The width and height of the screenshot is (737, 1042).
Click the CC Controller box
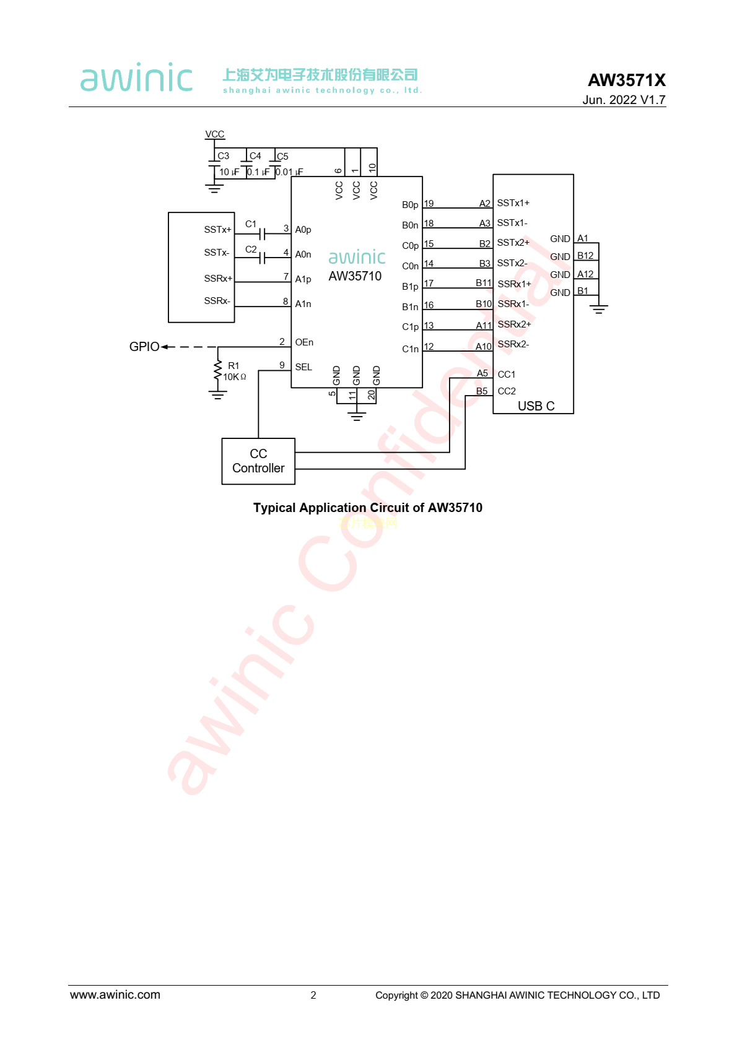pos(258,461)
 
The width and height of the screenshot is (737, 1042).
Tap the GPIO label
pos(144,347)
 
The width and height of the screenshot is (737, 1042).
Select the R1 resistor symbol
pos(217,371)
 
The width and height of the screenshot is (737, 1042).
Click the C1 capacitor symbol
pos(263,233)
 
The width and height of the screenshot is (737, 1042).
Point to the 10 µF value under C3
pos(229,172)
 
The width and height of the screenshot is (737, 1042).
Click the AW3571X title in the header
pos(626,80)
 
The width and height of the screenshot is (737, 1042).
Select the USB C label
pos(536,406)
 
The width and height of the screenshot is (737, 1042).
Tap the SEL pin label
pos(303,367)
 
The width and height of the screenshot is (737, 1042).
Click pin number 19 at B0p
pos(429,204)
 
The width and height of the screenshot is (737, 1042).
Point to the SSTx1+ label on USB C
pos(513,203)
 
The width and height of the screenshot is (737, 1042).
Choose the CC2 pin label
pos(507,391)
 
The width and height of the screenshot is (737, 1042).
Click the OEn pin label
pos(304,342)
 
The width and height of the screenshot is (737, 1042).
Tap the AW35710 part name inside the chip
pos(355,276)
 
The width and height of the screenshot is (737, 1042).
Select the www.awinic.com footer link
pos(115,995)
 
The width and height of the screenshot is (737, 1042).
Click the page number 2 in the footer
pos(313,996)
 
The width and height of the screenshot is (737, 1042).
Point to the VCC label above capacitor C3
pos(215,134)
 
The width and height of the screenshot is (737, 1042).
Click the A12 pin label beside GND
pos(585,274)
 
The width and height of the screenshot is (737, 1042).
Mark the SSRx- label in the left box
pos(217,301)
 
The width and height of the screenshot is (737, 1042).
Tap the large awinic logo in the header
pos(136,78)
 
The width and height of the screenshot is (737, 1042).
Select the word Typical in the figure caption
pos(274,508)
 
